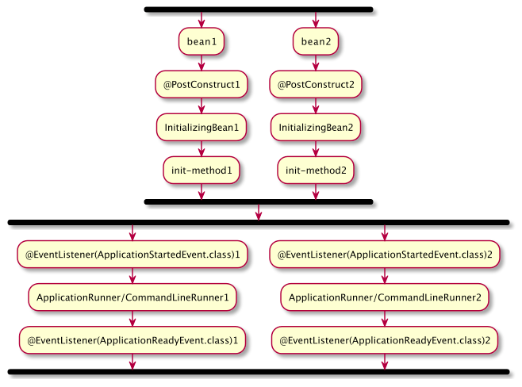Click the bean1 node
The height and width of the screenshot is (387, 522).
[202, 41]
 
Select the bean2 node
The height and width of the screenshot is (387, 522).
[316, 41]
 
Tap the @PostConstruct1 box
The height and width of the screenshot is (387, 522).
[202, 84]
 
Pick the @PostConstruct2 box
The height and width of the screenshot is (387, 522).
[316, 84]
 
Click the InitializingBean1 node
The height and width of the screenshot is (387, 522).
[202, 127]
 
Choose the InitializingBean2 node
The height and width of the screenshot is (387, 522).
[316, 127]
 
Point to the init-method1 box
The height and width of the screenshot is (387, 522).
[202, 170]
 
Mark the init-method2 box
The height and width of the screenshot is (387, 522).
[316, 170]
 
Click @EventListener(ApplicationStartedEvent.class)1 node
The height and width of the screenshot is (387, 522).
[132, 255]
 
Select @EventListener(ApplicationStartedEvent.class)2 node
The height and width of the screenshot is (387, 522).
[385, 255]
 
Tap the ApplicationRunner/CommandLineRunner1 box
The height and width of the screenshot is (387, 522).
[132, 297]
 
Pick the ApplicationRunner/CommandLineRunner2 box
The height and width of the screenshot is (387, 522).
[385, 297]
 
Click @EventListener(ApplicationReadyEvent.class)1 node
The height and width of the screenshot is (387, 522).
[132, 340]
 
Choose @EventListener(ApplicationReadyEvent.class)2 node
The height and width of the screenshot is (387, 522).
[385, 340]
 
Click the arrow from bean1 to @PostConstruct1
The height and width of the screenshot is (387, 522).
[202, 63]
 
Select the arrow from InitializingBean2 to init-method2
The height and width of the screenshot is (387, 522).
[316, 148]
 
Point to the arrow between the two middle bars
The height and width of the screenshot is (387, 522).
[259, 212]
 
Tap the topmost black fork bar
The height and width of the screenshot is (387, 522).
[259, 10]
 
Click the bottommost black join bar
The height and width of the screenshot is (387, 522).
[259, 371]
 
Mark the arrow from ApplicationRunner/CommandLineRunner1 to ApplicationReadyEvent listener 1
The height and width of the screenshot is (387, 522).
[132, 319]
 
